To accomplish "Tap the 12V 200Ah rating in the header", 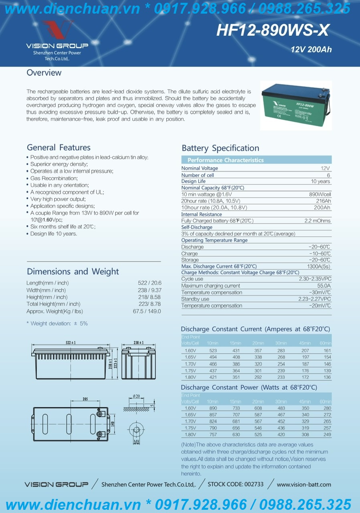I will coord(311,50).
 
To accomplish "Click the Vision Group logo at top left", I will coord(57,40).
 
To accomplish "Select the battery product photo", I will coord(295,105).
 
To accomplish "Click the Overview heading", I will coord(44,73).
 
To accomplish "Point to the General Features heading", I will coord(59,147).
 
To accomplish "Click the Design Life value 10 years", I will coord(320,182).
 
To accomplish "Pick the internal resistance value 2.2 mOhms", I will coord(317,221).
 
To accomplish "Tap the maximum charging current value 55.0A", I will coord(324,286).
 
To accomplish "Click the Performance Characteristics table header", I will coord(225,160).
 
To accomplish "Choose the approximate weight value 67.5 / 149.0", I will coord(147,311).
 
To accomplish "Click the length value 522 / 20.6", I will coord(150,283).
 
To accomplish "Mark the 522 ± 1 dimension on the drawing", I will coord(70,343).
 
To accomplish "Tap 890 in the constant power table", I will coord(213,408).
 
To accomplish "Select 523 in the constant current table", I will coord(213,351).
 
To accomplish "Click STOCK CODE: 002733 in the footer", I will coord(236,484).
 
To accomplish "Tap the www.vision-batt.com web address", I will coord(304,485).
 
